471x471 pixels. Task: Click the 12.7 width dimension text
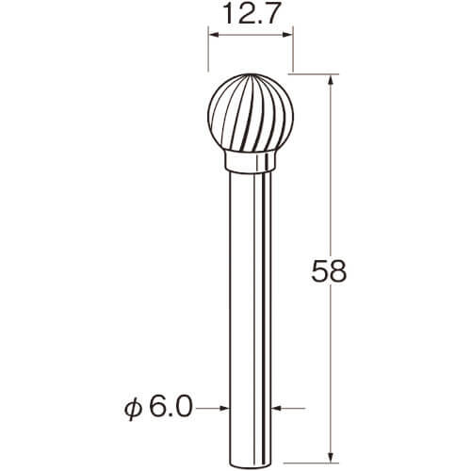(251, 13)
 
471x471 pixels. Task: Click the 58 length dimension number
(329, 270)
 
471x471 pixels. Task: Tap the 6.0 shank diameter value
(170, 407)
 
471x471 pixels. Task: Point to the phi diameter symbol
(133, 409)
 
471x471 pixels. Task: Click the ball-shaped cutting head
(251, 112)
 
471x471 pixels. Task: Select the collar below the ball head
(251, 162)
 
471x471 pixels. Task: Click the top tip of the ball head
(251, 74)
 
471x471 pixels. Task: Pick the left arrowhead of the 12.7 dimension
(214, 35)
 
